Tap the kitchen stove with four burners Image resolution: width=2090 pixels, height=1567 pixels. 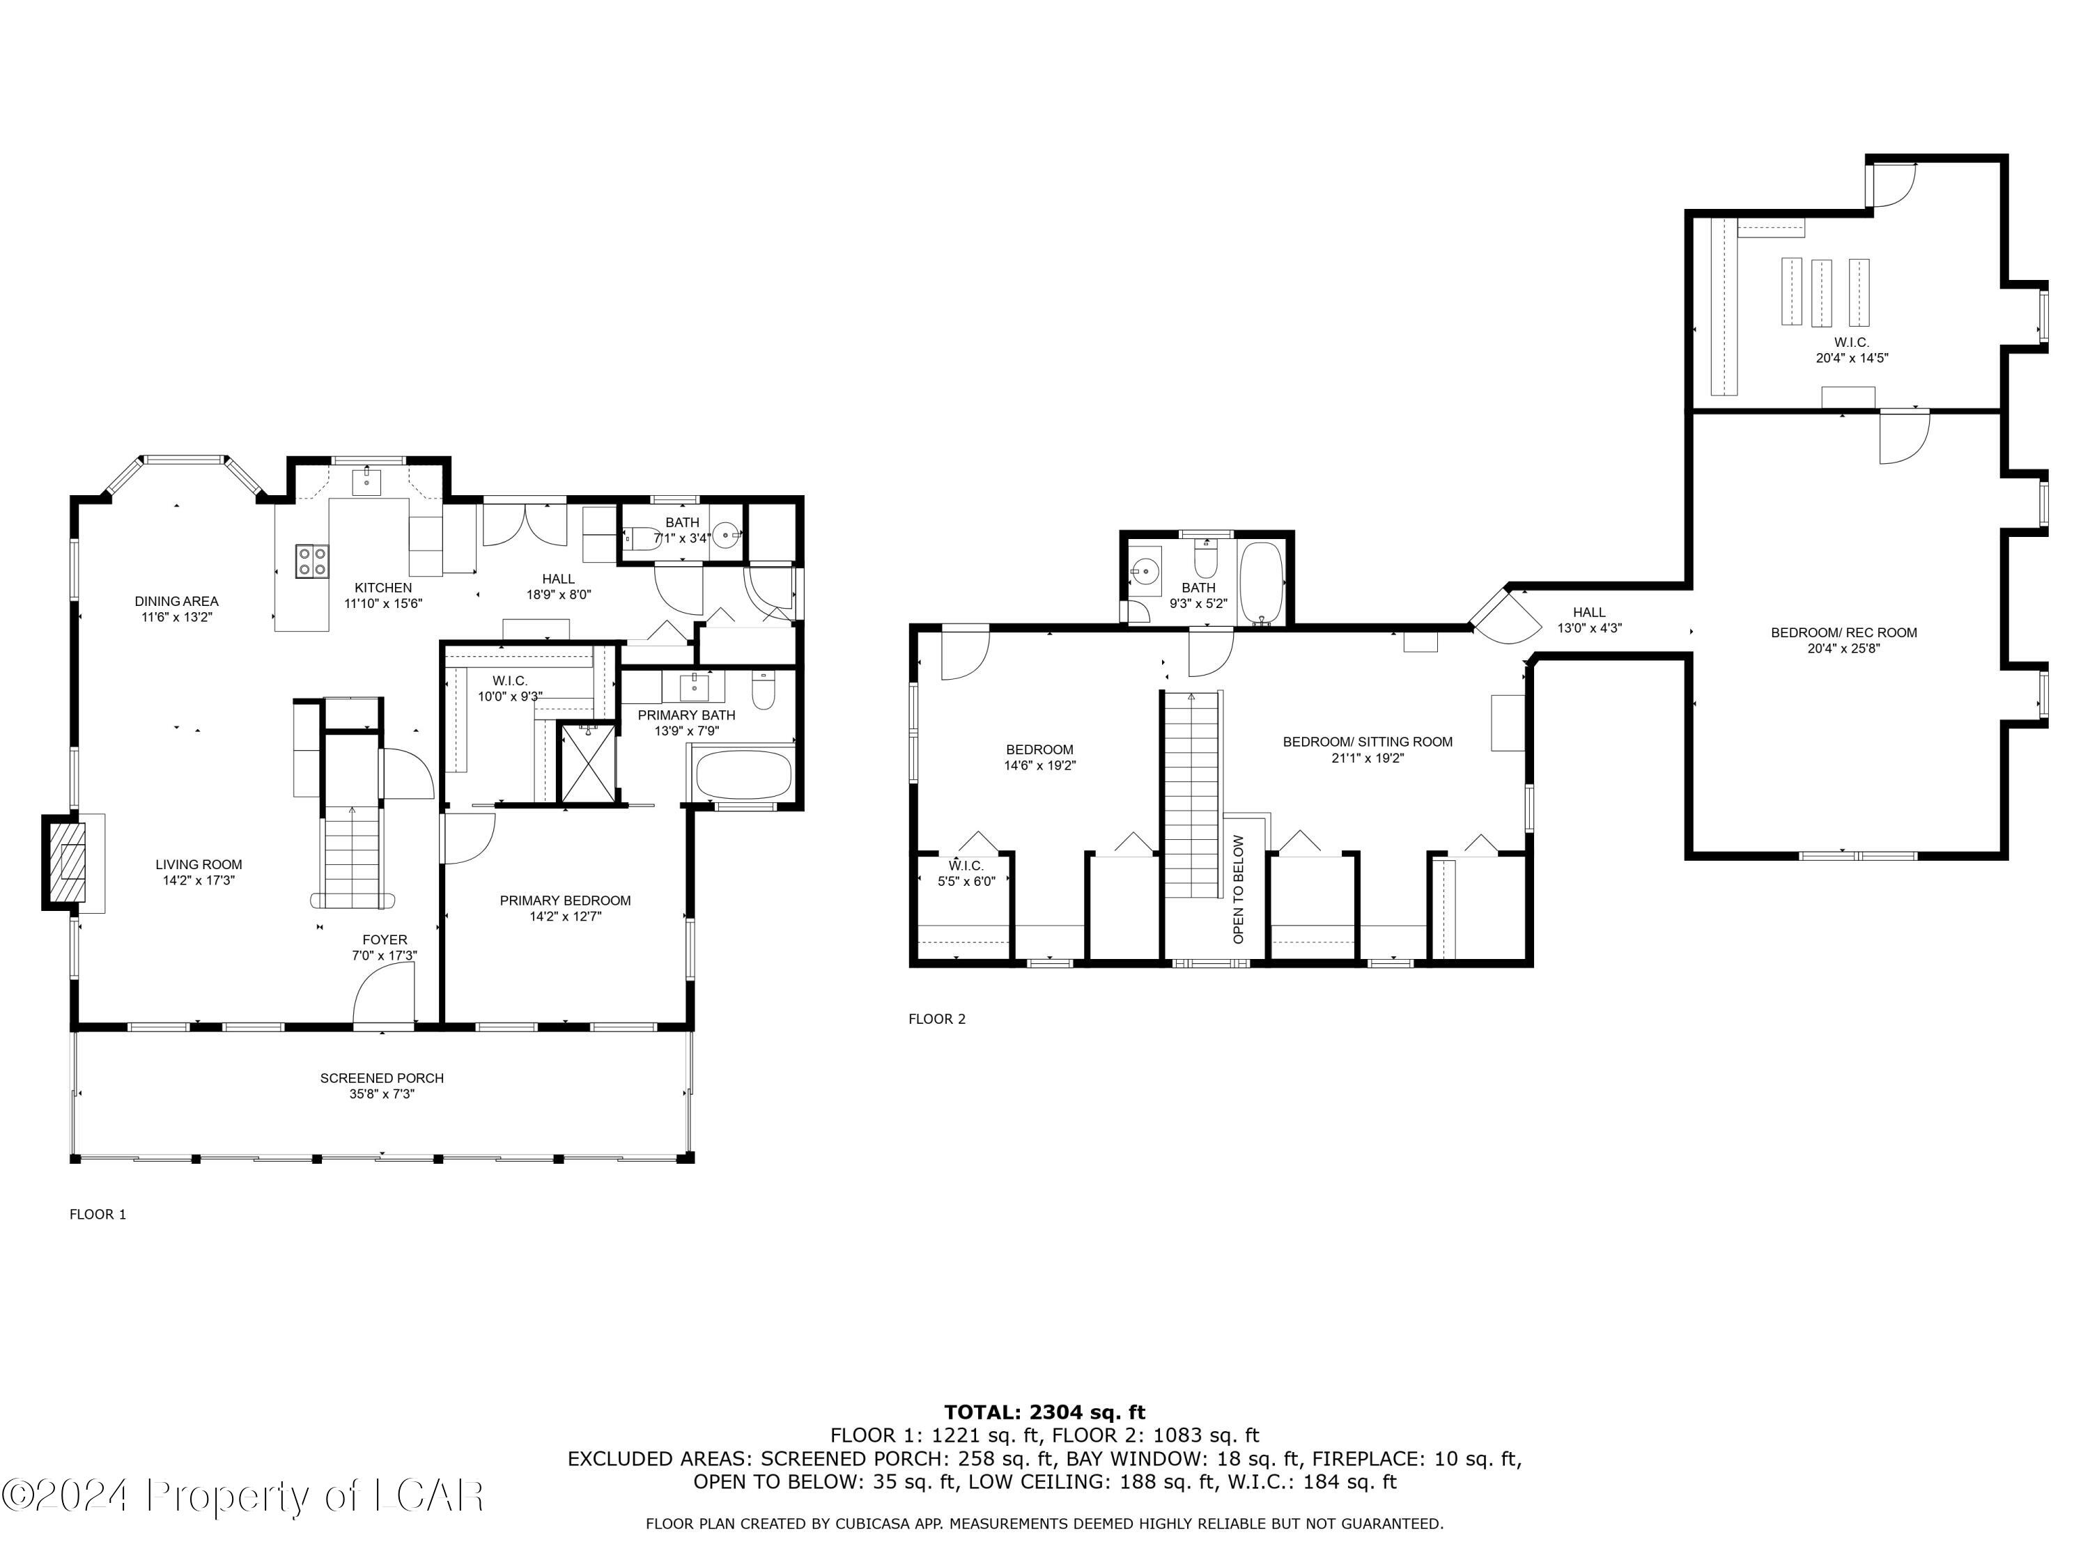pyautogui.click(x=312, y=561)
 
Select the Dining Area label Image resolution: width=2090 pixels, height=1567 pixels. pyautogui.click(x=177, y=601)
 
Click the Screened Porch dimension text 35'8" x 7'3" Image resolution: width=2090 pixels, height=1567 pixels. pyautogui.click(x=382, y=1094)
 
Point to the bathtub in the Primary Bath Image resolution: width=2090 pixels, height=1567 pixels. pyautogui.click(x=743, y=774)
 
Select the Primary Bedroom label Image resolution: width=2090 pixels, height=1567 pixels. pyautogui.click(x=565, y=900)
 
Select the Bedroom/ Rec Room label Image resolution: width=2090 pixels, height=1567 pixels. pyautogui.click(x=1843, y=633)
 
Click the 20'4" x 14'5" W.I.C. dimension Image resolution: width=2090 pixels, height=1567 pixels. pyautogui.click(x=1851, y=358)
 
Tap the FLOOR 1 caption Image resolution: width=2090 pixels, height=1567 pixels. pyautogui.click(x=98, y=1214)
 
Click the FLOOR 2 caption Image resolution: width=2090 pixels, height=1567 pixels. pyautogui.click(x=936, y=1018)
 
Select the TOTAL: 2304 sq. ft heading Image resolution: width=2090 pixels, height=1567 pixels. pyautogui.click(x=1044, y=1412)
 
